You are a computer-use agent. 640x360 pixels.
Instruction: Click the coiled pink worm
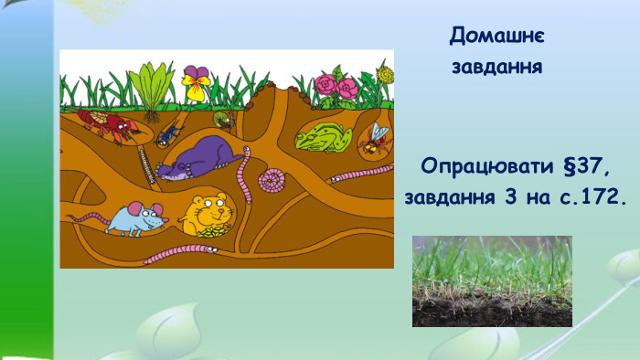(x=272, y=180)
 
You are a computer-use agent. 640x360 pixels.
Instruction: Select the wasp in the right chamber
(x=376, y=136)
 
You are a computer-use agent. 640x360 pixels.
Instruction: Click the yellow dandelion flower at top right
(x=385, y=74)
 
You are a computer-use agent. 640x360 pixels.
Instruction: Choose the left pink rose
(x=325, y=85)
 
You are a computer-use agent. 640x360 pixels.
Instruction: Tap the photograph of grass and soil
(x=491, y=281)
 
